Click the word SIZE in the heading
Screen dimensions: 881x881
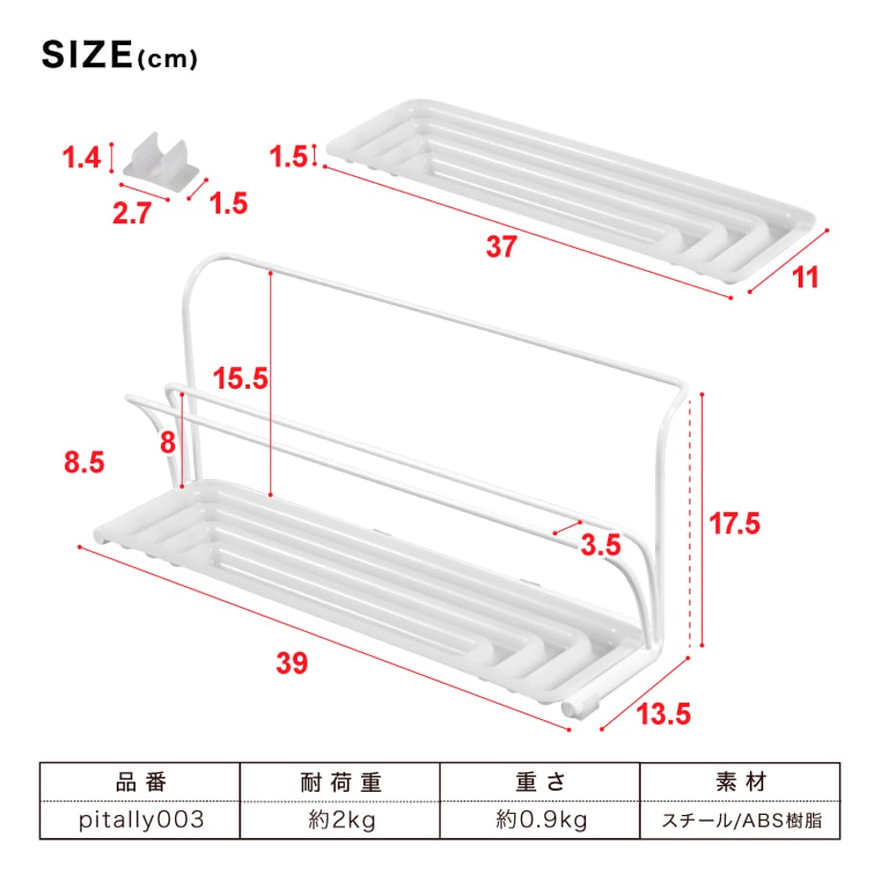click(x=87, y=56)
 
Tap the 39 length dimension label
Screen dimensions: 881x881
click(x=292, y=663)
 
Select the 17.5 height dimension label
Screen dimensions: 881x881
click(x=734, y=524)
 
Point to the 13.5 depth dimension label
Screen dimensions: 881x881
click(x=664, y=714)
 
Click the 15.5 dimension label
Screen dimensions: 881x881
click(x=240, y=378)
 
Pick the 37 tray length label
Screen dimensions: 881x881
click(x=501, y=247)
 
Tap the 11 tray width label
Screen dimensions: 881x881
click(x=805, y=278)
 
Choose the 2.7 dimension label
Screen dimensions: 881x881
click(x=132, y=214)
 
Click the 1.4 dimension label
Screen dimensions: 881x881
click(x=81, y=157)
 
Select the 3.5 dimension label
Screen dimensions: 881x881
click(x=600, y=545)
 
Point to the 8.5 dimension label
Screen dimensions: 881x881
click(x=84, y=463)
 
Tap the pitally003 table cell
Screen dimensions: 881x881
click(x=141, y=820)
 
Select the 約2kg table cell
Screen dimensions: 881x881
click(x=342, y=821)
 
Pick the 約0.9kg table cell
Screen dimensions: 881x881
click(x=541, y=821)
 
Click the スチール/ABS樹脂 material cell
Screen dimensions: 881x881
click(x=741, y=821)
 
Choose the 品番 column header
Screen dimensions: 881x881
click(x=141, y=782)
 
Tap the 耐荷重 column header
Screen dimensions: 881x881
click(x=341, y=782)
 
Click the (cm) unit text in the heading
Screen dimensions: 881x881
click(x=167, y=59)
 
